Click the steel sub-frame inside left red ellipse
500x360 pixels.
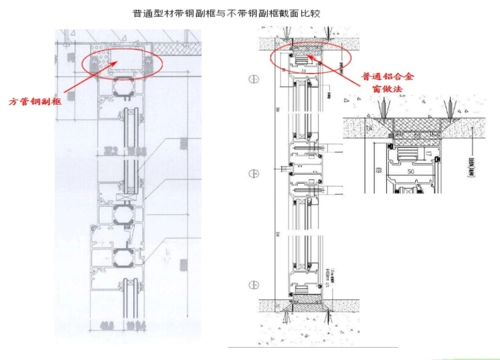pyautogui.click(x=119, y=61)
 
